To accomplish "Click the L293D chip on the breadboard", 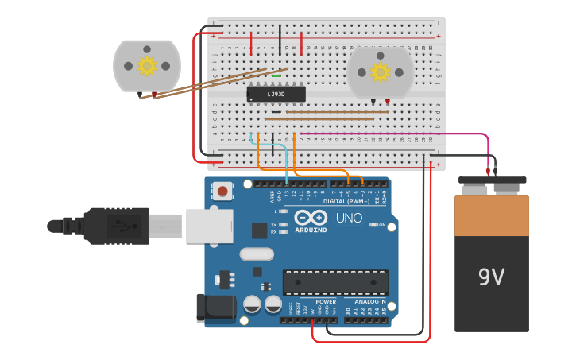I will click(x=276, y=94).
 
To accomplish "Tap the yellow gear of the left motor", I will click(x=147, y=65).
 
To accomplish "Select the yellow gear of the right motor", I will click(x=380, y=72).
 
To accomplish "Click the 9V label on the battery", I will click(x=491, y=277).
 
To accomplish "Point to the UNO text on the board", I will click(x=349, y=218).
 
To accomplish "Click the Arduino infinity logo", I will click(x=311, y=218).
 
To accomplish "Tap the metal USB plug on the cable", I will click(x=165, y=226).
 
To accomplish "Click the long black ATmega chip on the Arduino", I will click(x=335, y=282).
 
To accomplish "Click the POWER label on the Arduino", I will click(x=326, y=302).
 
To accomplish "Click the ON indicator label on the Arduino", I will click(x=382, y=225).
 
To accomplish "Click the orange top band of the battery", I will click(x=491, y=215).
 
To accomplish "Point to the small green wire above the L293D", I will click(x=276, y=76).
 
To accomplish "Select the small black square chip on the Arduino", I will click(x=259, y=230).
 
